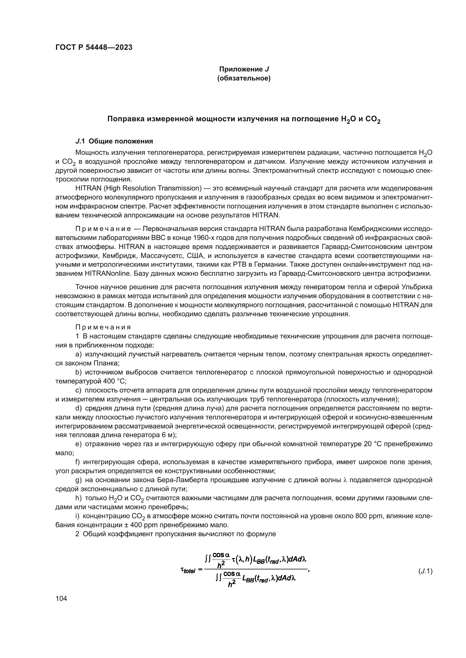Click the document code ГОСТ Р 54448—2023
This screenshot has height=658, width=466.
pyautogui.click(x=94, y=48)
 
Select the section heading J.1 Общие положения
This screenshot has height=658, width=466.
pyautogui.click(x=114, y=141)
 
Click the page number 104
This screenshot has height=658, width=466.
pyautogui.click(x=61, y=598)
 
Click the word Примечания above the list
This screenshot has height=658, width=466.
pyautogui.click(x=103, y=327)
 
